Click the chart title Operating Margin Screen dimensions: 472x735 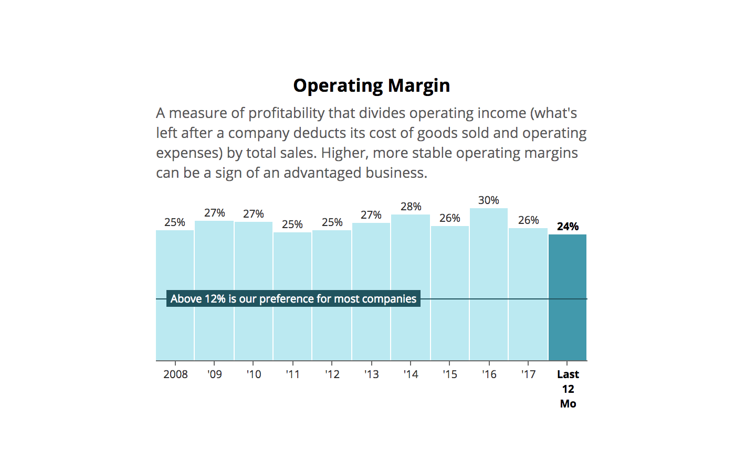tap(371, 85)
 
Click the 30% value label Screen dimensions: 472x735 tap(488, 200)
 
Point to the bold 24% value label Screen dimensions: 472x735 tap(568, 227)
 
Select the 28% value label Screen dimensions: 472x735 tap(411, 207)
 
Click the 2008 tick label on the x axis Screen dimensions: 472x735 tap(175, 374)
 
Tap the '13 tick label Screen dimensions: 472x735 tap(371, 374)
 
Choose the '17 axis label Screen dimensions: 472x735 tap(528, 374)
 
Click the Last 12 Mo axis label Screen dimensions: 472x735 tap(568, 389)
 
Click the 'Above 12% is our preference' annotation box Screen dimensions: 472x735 tap(293, 299)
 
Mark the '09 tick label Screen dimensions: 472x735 tap(214, 374)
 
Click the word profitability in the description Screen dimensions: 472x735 tap(286, 113)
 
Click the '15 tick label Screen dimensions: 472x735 tap(449, 374)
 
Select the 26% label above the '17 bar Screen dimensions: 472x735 tap(528, 220)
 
